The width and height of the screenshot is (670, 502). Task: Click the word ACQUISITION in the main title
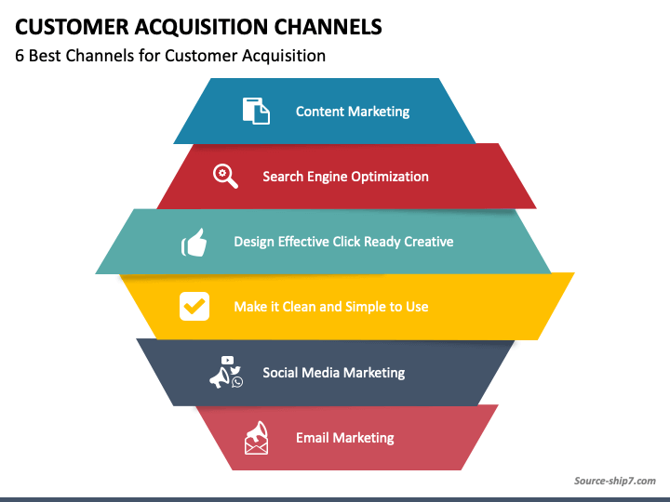point(201,27)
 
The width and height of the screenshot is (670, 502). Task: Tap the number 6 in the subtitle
point(20,56)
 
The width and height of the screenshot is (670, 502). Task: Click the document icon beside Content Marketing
point(256,111)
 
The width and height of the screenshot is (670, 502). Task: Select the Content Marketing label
point(353,112)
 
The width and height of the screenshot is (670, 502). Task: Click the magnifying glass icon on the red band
point(225,176)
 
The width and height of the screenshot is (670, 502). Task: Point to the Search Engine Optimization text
point(345,177)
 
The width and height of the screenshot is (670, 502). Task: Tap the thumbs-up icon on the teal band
point(194,242)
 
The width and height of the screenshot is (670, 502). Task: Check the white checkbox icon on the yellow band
point(194,306)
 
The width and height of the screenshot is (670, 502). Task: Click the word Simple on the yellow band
point(365,307)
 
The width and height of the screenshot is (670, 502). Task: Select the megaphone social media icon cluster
point(226,372)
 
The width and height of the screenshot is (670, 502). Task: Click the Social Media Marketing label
point(334,373)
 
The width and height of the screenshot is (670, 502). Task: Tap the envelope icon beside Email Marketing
point(257,438)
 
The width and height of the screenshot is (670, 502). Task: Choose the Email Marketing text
point(345,438)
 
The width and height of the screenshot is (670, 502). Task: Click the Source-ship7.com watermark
point(614,482)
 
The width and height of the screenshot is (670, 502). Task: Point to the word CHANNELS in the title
point(328,27)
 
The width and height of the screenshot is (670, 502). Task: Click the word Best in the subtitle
point(45,56)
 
